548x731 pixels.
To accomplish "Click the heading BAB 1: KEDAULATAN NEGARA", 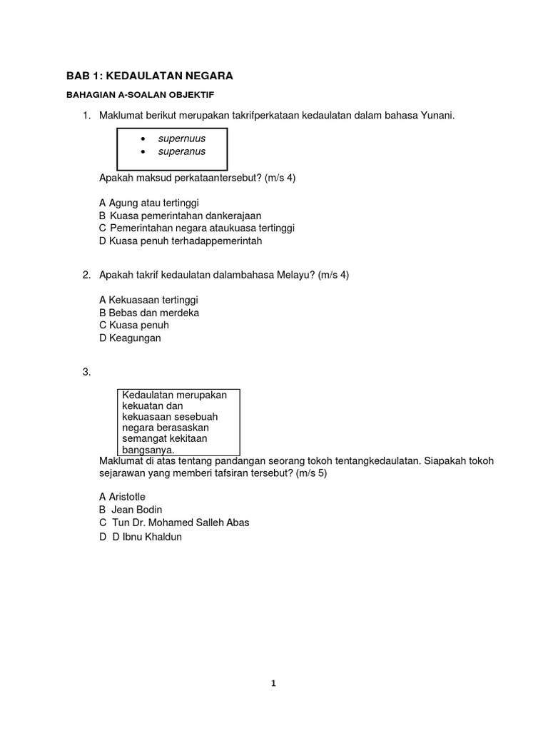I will point(149,76).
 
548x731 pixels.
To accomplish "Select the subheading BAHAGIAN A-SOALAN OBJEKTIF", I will point(140,94).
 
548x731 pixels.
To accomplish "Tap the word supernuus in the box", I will point(181,138).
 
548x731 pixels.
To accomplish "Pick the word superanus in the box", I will point(181,151).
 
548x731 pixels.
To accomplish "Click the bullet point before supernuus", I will point(143,138).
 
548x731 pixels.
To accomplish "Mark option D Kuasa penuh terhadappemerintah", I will point(181,241).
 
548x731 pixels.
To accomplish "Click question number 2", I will point(86,274).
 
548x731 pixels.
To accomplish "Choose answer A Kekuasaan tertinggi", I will point(148,300).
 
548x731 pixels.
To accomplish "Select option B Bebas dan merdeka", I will point(149,313).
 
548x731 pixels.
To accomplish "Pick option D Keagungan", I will point(130,338).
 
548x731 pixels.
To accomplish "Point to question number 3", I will point(86,371).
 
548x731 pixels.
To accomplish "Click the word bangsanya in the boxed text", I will point(148,450).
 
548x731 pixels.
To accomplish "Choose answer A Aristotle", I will point(126,496).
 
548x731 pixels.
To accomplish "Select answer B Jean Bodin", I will point(131,510).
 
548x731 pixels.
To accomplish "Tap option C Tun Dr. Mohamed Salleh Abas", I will point(174,523).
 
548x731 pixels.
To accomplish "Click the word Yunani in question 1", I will point(436,116).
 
